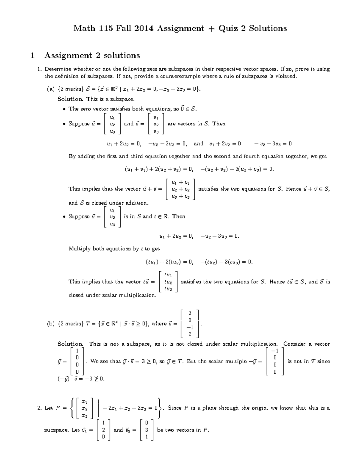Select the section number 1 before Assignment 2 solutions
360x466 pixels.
(x=32, y=56)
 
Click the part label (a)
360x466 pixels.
(x=50, y=89)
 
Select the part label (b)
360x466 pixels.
(x=50, y=324)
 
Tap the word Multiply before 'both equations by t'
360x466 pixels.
(x=79, y=249)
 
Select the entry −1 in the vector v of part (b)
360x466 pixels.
(x=189, y=327)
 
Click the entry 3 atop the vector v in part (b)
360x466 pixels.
(x=190, y=313)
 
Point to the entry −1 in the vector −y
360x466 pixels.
(x=274, y=351)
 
